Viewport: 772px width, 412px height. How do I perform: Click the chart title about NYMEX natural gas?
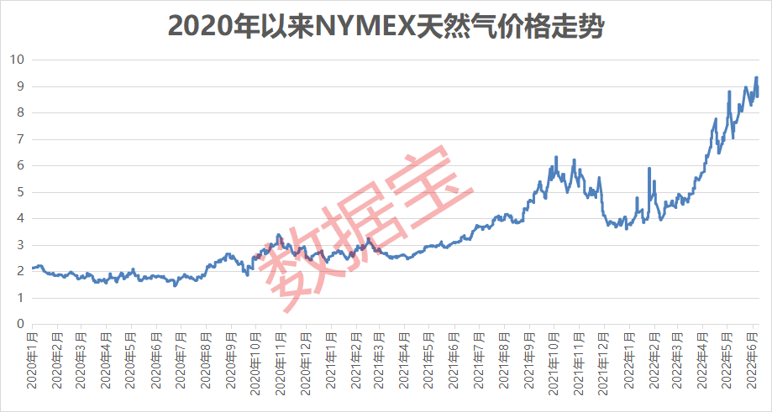[386, 25]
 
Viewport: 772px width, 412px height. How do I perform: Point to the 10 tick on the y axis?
[17, 60]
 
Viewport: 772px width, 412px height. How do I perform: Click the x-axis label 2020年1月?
[33, 356]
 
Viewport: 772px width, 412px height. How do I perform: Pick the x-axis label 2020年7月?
[180, 356]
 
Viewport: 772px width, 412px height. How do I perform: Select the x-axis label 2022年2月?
[652, 356]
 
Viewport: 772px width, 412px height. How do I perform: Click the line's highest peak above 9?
[756, 77]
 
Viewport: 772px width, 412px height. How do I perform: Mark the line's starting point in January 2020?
[33, 268]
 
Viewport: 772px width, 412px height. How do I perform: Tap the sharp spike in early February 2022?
[649, 169]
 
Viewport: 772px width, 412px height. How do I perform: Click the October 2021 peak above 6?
[556, 157]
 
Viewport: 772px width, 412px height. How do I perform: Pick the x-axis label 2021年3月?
[378, 356]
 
